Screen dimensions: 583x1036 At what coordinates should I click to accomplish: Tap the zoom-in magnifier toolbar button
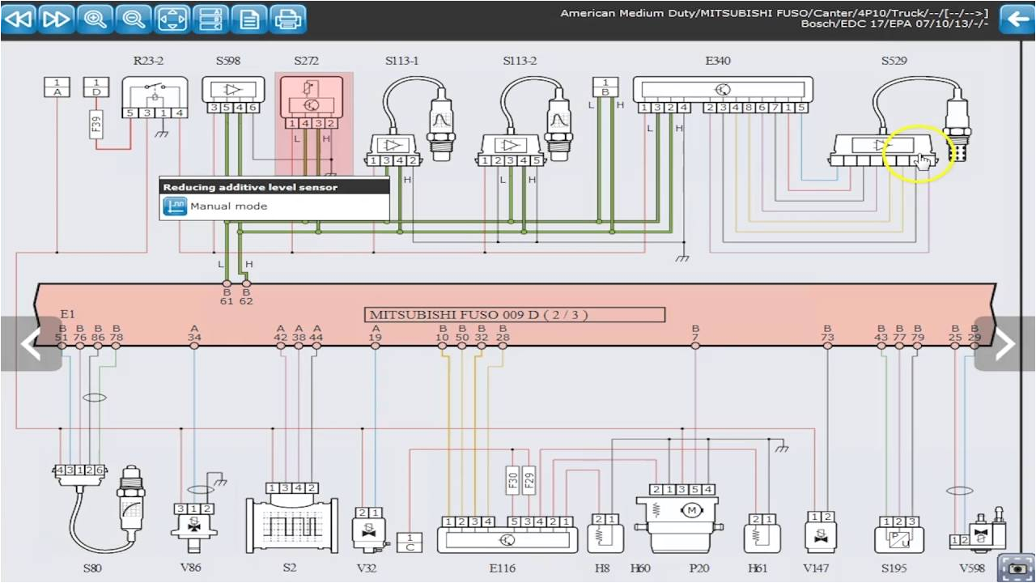point(96,18)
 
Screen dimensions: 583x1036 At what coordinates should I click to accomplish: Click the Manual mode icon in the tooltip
point(174,206)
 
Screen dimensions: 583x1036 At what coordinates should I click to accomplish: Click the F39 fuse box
point(96,124)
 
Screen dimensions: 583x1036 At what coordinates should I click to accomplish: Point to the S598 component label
point(227,62)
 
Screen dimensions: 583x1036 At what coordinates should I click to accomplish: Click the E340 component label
point(717,62)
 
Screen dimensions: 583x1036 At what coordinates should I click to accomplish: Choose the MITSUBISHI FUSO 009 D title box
point(516,314)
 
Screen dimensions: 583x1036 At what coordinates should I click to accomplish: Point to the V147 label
point(821,568)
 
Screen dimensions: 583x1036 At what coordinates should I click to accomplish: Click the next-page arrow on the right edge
point(1004,344)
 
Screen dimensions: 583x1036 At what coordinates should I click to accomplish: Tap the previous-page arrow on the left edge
point(31,344)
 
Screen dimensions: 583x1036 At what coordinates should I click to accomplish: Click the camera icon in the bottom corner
point(1016,568)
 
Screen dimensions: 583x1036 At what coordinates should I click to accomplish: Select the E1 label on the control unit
point(67,314)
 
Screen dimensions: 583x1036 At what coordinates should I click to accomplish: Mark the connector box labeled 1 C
point(410,543)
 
